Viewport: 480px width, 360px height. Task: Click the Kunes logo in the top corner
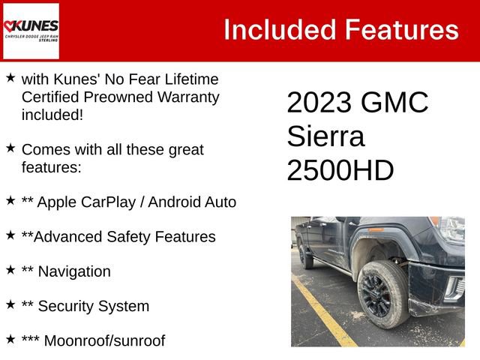(x=31, y=31)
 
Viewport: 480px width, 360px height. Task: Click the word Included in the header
(x=278, y=30)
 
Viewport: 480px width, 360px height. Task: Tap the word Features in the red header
(x=401, y=30)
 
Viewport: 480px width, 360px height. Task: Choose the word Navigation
(x=73, y=271)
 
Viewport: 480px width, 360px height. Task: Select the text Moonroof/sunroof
(x=104, y=340)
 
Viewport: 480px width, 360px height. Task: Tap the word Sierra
(x=325, y=136)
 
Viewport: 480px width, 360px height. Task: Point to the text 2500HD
(x=340, y=171)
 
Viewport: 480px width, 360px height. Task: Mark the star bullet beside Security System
(x=10, y=304)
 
